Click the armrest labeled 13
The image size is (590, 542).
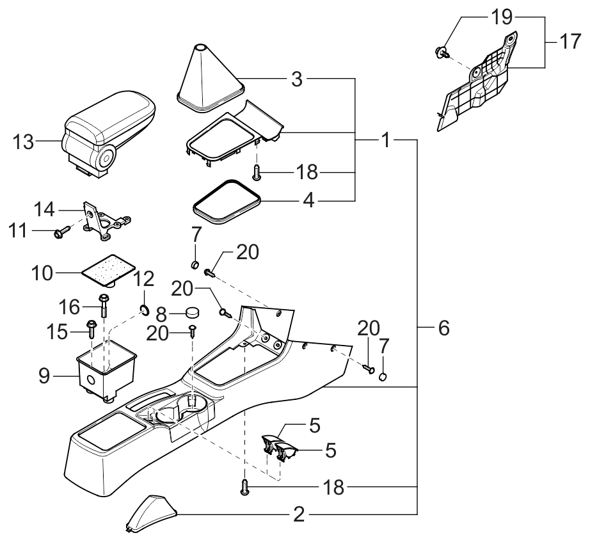(x=108, y=128)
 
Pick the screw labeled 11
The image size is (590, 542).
(x=63, y=231)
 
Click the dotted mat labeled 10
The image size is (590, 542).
(x=110, y=270)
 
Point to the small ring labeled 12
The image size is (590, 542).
(x=145, y=311)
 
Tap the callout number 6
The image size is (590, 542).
(x=443, y=329)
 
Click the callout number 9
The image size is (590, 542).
(x=44, y=376)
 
